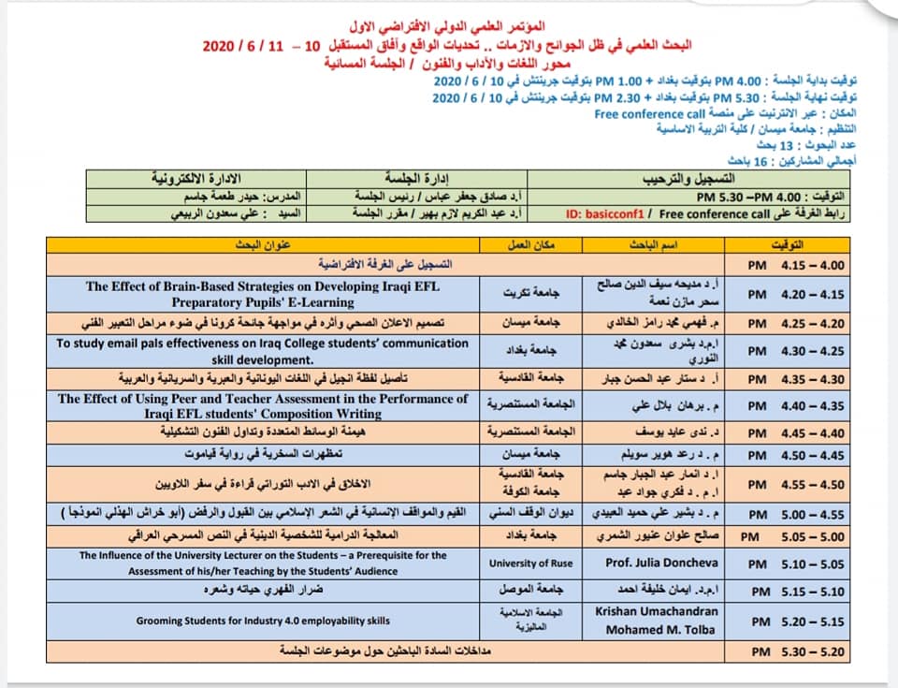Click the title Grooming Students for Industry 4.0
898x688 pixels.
tap(263, 620)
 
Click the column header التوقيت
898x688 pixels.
tap(795, 244)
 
